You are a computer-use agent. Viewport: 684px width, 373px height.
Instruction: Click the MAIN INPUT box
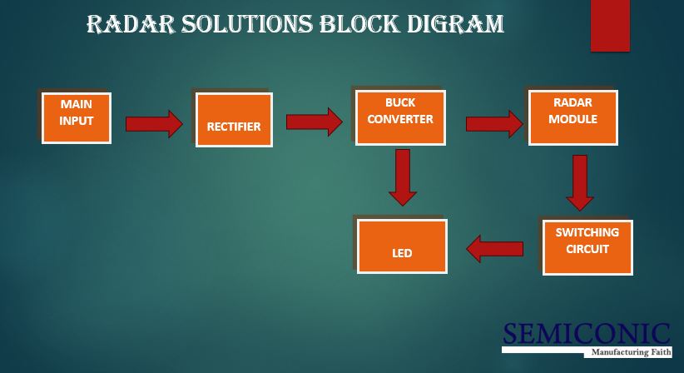coord(77,117)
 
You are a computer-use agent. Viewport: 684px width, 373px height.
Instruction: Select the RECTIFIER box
coord(234,120)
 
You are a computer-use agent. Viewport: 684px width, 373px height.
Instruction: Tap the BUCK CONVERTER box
coord(400,117)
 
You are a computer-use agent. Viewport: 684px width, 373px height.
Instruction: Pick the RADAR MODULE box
coord(572,117)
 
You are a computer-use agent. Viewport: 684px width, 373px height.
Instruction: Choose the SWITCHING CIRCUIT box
coord(587,246)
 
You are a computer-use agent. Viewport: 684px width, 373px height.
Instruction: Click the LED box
coord(402,246)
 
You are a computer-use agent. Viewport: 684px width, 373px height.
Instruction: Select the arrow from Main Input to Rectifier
coord(154,124)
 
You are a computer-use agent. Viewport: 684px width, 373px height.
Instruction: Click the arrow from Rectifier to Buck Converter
coord(314,122)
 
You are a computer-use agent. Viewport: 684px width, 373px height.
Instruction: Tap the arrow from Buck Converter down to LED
coord(403,177)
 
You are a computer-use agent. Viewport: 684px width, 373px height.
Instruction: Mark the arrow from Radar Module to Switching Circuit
coord(580,182)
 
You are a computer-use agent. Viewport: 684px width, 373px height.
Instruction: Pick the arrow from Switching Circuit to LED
coord(495,248)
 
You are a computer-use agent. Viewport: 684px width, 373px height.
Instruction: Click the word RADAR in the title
coord(126,24)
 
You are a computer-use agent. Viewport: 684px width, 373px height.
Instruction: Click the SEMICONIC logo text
coord(586,334)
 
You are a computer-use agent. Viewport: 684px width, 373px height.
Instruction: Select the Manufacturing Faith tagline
coord(629,352)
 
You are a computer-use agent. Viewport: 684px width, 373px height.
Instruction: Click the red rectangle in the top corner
coord(610,26)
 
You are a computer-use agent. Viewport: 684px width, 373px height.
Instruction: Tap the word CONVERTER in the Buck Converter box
coord(400,119)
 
